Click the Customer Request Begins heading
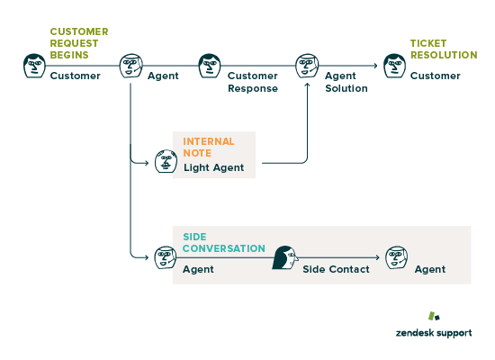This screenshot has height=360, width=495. coord(79,43)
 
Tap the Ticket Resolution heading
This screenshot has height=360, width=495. coord(444,49)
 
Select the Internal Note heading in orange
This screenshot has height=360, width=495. coord(209,148)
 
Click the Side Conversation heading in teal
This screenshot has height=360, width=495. coord(224,242)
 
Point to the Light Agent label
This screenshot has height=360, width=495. coord(213,167)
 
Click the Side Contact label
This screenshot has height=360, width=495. coord(336,269)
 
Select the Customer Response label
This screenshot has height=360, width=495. coord(253,82)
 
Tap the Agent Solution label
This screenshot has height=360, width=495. coord(346,82)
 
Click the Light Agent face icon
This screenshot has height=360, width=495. coord(166,161)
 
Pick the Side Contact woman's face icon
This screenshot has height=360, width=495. coord(285,257)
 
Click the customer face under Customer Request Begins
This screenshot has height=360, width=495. coord(34,66)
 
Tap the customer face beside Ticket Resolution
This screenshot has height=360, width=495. coord(394,66)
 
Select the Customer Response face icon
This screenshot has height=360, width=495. coord(210,66)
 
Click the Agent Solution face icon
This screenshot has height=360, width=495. coord(307,66)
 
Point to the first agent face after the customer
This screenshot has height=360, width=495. coord(131,66)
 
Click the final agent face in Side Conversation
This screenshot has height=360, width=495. coord(396,257)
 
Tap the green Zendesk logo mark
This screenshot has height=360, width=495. coord(434,316)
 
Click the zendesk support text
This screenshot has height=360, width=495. coord(434,333)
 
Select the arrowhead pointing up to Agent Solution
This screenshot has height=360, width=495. coord(307,85)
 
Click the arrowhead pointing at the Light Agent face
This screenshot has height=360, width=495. coord(147,163)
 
